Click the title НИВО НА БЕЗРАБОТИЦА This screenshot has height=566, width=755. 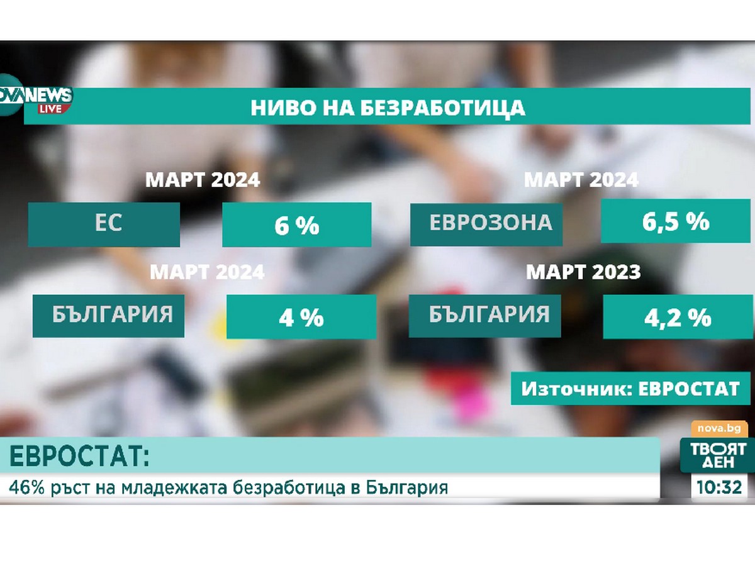tap(388, 108)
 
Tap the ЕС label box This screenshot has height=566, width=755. tap(104, 225)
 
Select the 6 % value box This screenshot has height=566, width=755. tap(296, 225)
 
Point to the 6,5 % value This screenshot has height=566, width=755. tap(675, 221)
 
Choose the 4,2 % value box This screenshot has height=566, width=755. tap(678, 316)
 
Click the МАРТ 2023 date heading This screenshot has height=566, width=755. tap(583, 272)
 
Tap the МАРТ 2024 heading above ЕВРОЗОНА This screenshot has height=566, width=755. tap(581, 180)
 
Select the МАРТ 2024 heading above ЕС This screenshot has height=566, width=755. tap(203, 180)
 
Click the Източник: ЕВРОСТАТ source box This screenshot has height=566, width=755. tap(630, 388)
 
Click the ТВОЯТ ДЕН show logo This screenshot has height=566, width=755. tap(718, 455)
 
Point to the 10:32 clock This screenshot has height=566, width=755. tap(719, 487)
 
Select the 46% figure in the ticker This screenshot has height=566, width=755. tap(26, 487)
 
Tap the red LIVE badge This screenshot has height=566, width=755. tap(50, 109)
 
